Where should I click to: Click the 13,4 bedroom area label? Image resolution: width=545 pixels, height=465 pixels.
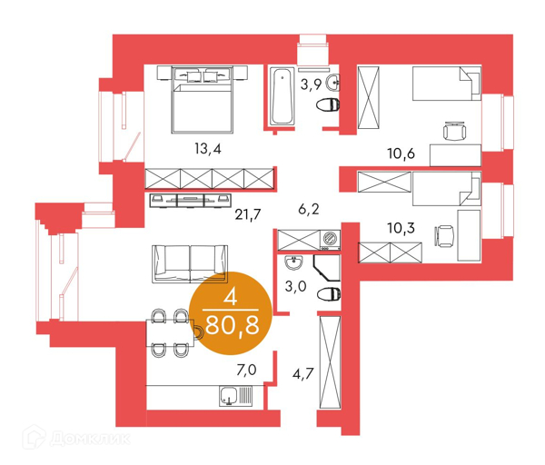coord(208,149)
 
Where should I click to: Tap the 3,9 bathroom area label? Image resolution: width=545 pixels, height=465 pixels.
coord(311,84)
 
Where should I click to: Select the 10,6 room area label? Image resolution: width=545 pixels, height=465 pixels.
coord(401,153)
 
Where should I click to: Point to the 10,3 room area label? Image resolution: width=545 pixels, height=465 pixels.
coord(401,228)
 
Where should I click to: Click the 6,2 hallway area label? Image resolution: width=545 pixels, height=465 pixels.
coord(309,209)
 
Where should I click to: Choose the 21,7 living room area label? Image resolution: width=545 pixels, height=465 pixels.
coord(247,214)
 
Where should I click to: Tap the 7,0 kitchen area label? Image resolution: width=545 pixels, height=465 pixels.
coord(246,371)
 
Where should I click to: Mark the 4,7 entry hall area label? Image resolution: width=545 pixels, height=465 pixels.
coord(303,374)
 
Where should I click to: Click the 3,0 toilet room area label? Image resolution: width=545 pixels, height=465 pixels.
coord(295,286)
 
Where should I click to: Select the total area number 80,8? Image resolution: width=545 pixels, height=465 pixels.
coord(233,325)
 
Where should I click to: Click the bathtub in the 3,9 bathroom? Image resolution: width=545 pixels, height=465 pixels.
coord(282,96)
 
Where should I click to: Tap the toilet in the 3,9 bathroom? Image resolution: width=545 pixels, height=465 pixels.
coord(328,105)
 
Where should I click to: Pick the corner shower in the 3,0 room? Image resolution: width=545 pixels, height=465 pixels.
coord(327,268)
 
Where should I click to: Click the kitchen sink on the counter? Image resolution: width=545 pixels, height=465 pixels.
coord(235,396)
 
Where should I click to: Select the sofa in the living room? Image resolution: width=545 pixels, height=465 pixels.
coord(190,263)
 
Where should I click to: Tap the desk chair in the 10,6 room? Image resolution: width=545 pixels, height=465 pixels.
coord(454,131)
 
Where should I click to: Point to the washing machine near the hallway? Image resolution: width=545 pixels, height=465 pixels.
coord(330,240)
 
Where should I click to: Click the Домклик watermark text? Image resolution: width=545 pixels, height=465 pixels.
coord(90,439)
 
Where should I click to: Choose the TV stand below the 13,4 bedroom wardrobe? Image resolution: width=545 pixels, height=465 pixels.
coord(191,201)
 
